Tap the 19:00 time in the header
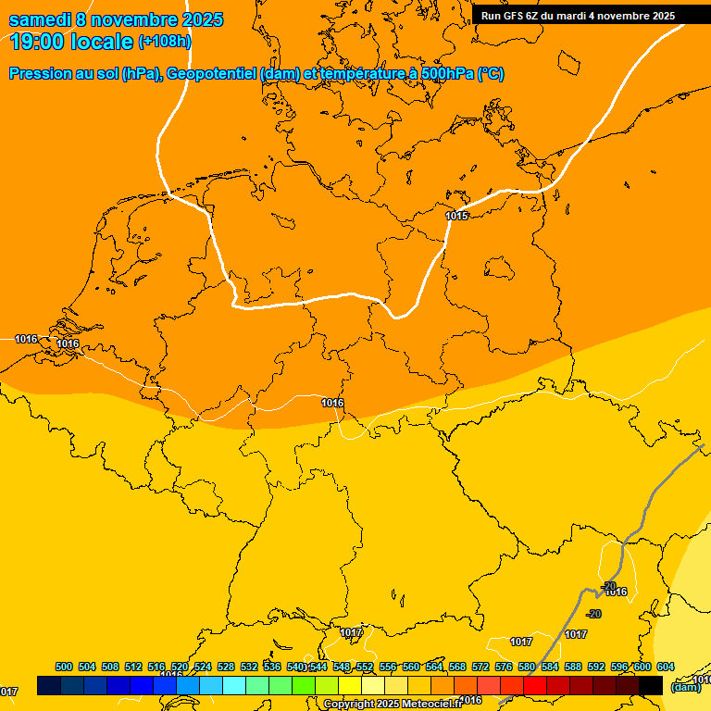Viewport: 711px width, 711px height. coord(36,42)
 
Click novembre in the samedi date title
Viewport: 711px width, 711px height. coord(134,20)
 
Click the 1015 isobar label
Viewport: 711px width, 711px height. coord(456,216)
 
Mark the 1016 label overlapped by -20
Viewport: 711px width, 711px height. coord(617,592)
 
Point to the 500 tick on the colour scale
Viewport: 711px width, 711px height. coord(64,667)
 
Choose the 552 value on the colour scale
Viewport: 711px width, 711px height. coord(365,667)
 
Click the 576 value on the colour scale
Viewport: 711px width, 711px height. coord(504,667)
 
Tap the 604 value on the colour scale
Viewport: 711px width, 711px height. coord(665,667)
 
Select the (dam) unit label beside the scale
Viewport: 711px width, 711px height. coord(686,687)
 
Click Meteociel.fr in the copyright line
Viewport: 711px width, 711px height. coord(431,705)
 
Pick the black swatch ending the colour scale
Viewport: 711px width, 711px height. coord(651,685)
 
